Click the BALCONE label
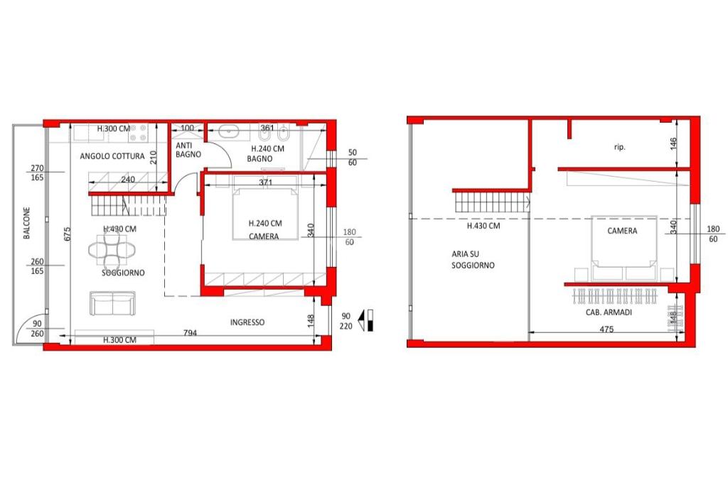pos(26,223)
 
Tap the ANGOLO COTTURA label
pos(112,156)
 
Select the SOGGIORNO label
pos(123,273)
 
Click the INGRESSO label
pos(247,322)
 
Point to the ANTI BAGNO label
pos(188,150)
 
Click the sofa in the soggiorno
pos(113,304)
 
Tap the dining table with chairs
pos(112,251)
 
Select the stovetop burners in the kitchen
pos(138,133)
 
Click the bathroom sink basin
pos(228,131)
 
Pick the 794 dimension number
pos(190,332)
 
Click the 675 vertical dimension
pos(68,233)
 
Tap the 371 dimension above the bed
pos(266,182)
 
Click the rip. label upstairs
pos(619,148)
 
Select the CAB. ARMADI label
pos(609,312)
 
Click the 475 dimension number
pos(606,329)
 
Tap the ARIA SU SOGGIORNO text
pos(473,260)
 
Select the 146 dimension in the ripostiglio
pos(674,143)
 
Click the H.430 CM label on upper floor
pos(483,226)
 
